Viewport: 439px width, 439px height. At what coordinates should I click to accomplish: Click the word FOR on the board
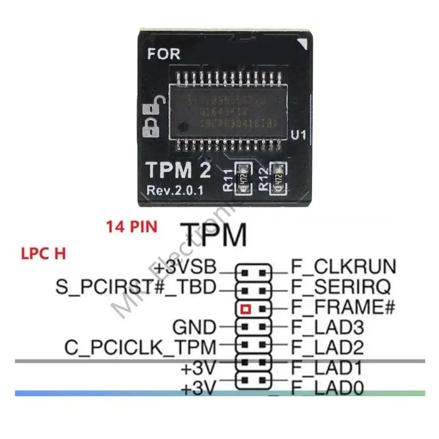tap(164, 54)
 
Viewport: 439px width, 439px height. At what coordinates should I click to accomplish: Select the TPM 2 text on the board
tap(178, 171)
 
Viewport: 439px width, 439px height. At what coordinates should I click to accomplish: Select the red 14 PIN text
tap(132, 226)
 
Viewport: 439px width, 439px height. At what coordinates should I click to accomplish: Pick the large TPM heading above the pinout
tap(213, 235)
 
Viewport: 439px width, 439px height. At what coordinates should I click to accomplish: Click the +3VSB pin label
tap(185, 268)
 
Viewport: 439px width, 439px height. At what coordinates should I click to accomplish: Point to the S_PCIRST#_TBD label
tap(137, 287)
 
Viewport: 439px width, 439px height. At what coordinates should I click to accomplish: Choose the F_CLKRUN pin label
tap(343, 267)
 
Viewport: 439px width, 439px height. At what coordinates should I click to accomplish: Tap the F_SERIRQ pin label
tap(341, 286)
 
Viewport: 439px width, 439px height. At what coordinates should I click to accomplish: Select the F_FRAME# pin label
tap(342, 307)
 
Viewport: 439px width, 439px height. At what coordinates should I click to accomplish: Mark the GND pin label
tap(194, 328)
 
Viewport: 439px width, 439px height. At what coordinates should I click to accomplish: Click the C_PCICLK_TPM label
tap(140, 347)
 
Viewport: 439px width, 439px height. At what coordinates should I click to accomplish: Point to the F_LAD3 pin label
tap(328, 328)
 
